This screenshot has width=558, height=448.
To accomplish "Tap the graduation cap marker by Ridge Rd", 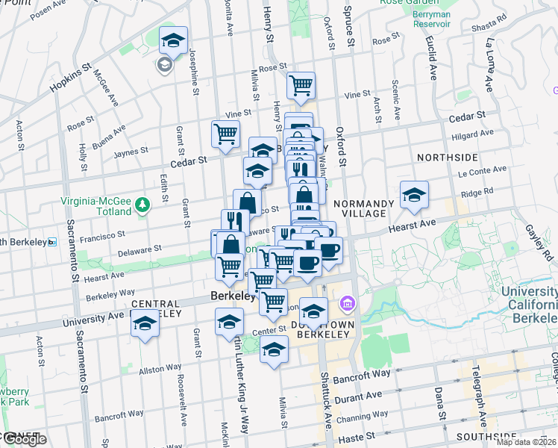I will point(414,196).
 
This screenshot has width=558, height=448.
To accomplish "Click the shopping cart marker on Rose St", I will point(301,85).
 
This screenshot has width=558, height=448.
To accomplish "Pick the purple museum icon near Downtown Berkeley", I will point(346,304).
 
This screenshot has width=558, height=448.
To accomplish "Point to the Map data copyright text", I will point(527,442).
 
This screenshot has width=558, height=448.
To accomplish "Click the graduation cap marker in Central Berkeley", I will point(145,326).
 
